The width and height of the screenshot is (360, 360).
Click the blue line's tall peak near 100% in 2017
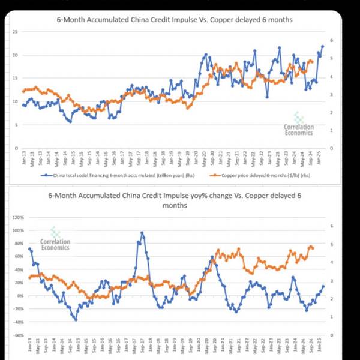tap(142, 233)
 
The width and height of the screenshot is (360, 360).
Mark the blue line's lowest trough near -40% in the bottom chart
tap(76, 320)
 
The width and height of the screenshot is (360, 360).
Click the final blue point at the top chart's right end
tap(323, 46)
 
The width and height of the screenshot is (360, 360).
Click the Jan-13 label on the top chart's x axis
tap(25, 159)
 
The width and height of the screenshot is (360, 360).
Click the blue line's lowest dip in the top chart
tap(70, 122)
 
